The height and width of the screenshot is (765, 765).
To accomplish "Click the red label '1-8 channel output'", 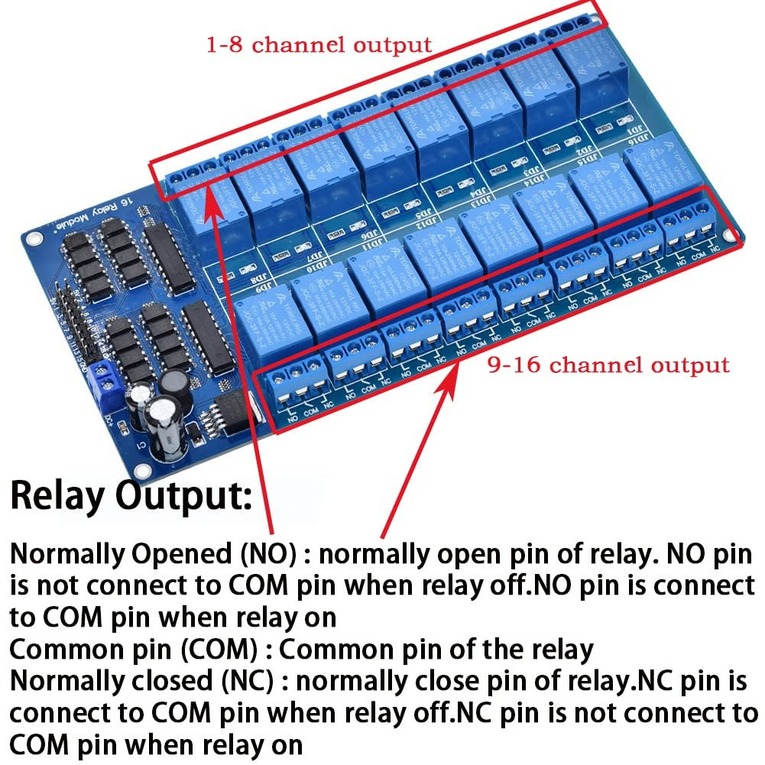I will click(319, 44).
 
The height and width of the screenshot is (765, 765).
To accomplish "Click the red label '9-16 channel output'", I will click(608, 365).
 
